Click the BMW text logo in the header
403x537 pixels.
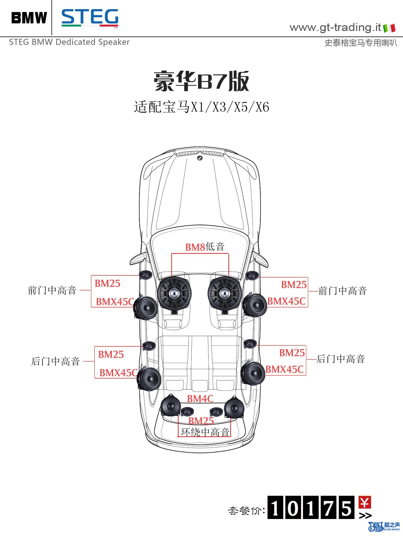(29, 18)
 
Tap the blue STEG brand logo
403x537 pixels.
(90, 18)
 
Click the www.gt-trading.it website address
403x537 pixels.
(335, 27)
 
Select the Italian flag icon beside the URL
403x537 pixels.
(389, 28)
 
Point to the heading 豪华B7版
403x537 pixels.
(201, 81)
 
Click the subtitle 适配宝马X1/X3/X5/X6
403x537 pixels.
(201, 107)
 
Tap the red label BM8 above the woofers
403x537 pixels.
(195, 247)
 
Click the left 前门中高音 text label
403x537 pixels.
(52, 290)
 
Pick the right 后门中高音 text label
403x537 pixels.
(341, 359)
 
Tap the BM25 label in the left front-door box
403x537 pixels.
(108, 283)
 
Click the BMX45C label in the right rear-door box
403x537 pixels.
(285, 369)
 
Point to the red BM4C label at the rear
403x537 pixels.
(200, 399)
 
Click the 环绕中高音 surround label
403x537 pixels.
(205, 432)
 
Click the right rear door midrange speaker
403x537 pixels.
(252, 373)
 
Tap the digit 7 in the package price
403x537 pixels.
(329, 508)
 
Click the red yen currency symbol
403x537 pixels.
(365, 502)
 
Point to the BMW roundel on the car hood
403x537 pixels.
(200, 158)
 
